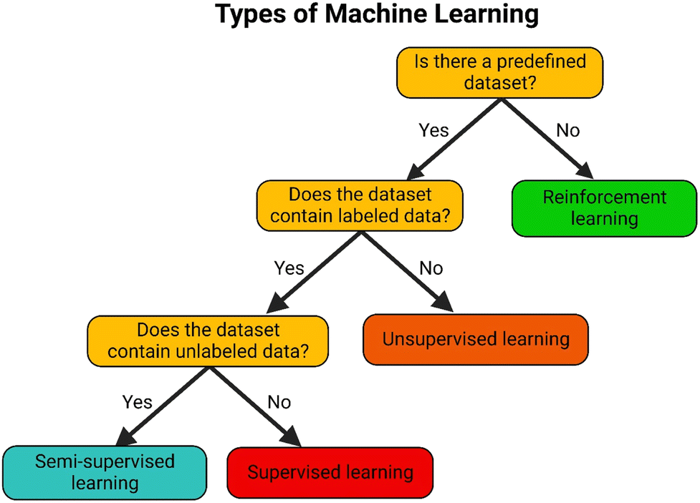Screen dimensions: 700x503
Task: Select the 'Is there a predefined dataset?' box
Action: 500,73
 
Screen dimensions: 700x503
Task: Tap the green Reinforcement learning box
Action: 604,208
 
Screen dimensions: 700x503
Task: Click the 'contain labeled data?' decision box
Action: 360,205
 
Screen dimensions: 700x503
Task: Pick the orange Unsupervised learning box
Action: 476,340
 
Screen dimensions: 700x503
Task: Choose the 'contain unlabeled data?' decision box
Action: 208,341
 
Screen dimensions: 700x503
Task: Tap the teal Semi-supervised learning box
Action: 105,473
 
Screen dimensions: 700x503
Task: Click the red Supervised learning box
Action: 330,473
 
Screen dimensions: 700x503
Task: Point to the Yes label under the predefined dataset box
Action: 433,130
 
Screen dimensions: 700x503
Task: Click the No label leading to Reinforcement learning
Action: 568,130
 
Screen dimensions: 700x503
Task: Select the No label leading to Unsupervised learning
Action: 431,268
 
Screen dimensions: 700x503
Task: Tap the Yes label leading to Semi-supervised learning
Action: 137,402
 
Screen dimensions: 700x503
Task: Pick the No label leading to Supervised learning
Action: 279,402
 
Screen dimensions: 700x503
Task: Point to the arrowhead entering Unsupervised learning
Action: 444,303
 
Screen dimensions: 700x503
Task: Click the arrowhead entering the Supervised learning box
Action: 292,436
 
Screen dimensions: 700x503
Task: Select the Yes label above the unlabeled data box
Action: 289,268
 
